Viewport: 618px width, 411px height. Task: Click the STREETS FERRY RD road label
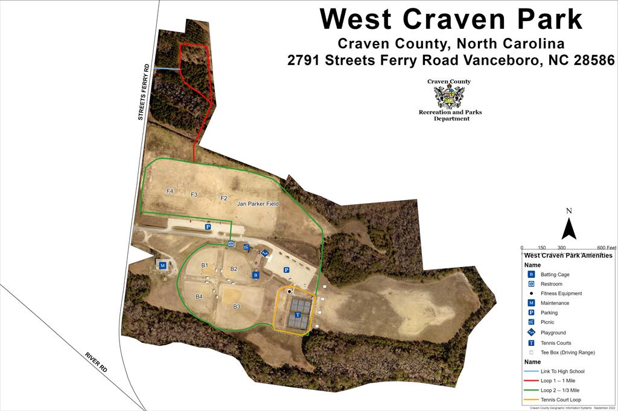click(x=143, y=92)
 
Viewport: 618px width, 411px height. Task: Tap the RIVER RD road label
click(x=97, y=360)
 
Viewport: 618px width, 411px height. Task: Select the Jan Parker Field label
click(x=258, y=204)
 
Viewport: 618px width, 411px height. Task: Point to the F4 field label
click(x=170, y=191)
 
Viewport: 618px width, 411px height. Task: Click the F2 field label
click(x=223, y=198)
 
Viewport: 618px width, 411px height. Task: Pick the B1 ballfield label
click(x=205, y=266)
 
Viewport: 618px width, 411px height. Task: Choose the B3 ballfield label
click(x=237, y=307)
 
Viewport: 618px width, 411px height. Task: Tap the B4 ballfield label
click(x=199, y=296)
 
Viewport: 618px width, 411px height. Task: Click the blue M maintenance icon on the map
click(x=162, y=265)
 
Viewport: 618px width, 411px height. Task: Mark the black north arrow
click(x=569, y=228)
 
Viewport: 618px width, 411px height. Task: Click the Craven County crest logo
click(x=449, y=96)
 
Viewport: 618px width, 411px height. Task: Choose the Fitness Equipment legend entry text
click(x=561, y=293)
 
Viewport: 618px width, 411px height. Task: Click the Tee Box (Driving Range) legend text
click(x=568, y=352)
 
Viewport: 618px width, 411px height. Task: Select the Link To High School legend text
click(x=562, y=371)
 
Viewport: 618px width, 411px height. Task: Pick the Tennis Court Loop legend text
click(x=561, y=400)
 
